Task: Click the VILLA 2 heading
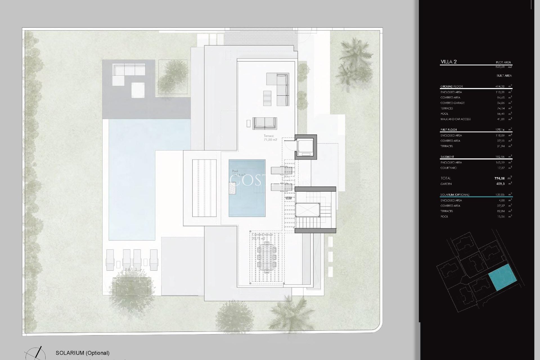click(448, 62)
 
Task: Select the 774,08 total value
click(499, 178)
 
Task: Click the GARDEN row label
click(446, 184)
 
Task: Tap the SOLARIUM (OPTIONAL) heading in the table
click(454, 195)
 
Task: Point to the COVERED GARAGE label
click(452, 103)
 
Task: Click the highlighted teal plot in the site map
click(503, 277)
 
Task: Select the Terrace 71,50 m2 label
click(270, 138)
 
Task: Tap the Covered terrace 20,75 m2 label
click(262, 236)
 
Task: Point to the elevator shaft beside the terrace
click(305, 147)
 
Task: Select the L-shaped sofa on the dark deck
click(129, 71)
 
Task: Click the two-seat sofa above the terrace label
click(264, 123)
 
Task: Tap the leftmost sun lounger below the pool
click(110, 260)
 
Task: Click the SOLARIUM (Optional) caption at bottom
click(82, 353)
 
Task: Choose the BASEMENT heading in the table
click(447, 157)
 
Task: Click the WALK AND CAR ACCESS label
click(455, 119)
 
